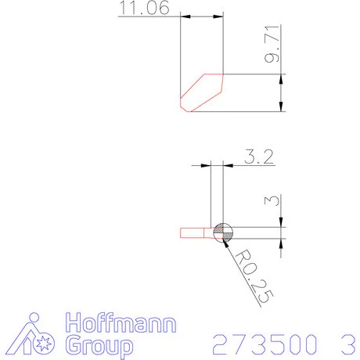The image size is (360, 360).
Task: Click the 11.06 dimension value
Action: (x=144, y=8)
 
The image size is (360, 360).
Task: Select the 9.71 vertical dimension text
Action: (x=272, y=44)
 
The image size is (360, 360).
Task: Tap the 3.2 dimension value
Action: (x=259, y=157)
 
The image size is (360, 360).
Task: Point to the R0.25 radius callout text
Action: (x=254, y=276)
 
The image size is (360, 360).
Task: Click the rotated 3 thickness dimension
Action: (x=272, y=200)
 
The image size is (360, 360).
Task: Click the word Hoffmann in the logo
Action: (x=121, y=322)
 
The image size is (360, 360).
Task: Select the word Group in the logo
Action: (x=99, y=346)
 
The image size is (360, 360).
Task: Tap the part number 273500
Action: (x=265, y=344)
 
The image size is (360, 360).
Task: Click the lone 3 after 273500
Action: (x=348, y=344)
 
